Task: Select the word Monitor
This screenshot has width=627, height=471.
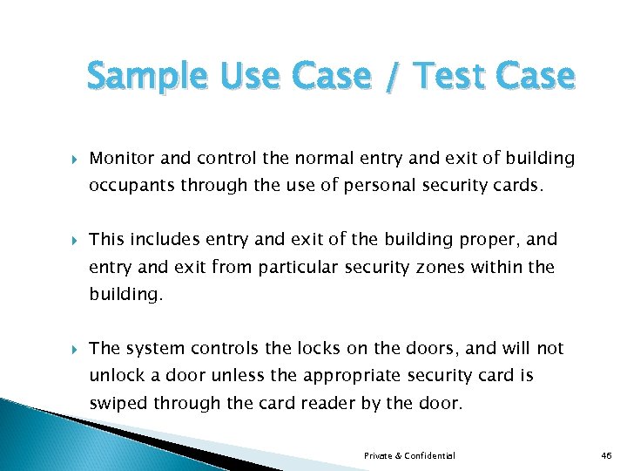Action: pos(123,159)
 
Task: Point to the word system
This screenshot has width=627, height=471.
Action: pos(153,349)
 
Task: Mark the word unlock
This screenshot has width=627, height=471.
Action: pos(115,376)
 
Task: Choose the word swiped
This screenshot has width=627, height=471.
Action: pos(119,404)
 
